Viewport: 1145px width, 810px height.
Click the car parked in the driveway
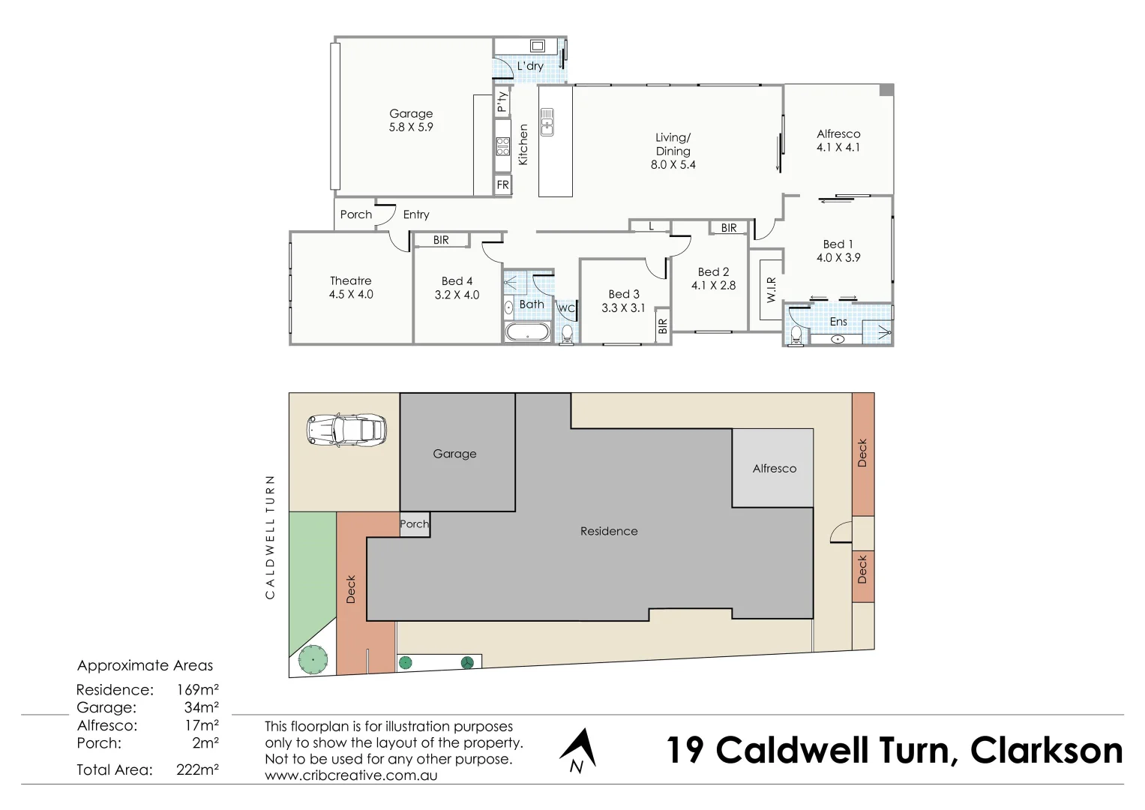pyautogui.click(x=347, y=430)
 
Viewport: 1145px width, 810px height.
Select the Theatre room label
pyautogui.click(x=350, y=281)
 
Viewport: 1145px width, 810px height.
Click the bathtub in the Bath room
pyautogui.click(x=528, y=332)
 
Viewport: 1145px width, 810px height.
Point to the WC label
pyautogui.click(x=566, y=309)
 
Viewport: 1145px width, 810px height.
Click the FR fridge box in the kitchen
pyautogui.click(x=502, y=184)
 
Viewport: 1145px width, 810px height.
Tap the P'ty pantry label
pyautogui.click(x=502, y=101)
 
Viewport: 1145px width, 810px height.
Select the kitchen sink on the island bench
pyautogui.click(x=547, y=122)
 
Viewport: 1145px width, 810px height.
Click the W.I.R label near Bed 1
pyautogui.click(x=772, y=289)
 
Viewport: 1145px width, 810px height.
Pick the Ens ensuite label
pyautogui.click(x=838, y=322)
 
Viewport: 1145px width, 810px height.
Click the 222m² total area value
pyautogui.click(x=197, y=769)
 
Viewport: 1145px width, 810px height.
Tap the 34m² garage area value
pyautogui.click(x=201, y=707)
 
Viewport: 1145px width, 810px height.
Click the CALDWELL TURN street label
pyautogui.click(x=270, y=536)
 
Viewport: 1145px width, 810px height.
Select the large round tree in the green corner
pyautogui.click(x=313, y=660)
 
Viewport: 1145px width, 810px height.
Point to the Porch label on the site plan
pyautogui.click(x=415, y=524)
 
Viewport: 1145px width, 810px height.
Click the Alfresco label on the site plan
pyautogui.click(x=774, y=469)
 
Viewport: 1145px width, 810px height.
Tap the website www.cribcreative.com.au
pyautogui.click(x=350, y=775)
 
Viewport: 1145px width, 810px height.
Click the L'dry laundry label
pyautogui.click(x=529, y=66)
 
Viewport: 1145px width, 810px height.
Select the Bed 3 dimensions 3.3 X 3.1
pyautogui.click(x=623, y=307)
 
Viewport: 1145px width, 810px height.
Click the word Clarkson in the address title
pyautogui.click(x=1046, y=751)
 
